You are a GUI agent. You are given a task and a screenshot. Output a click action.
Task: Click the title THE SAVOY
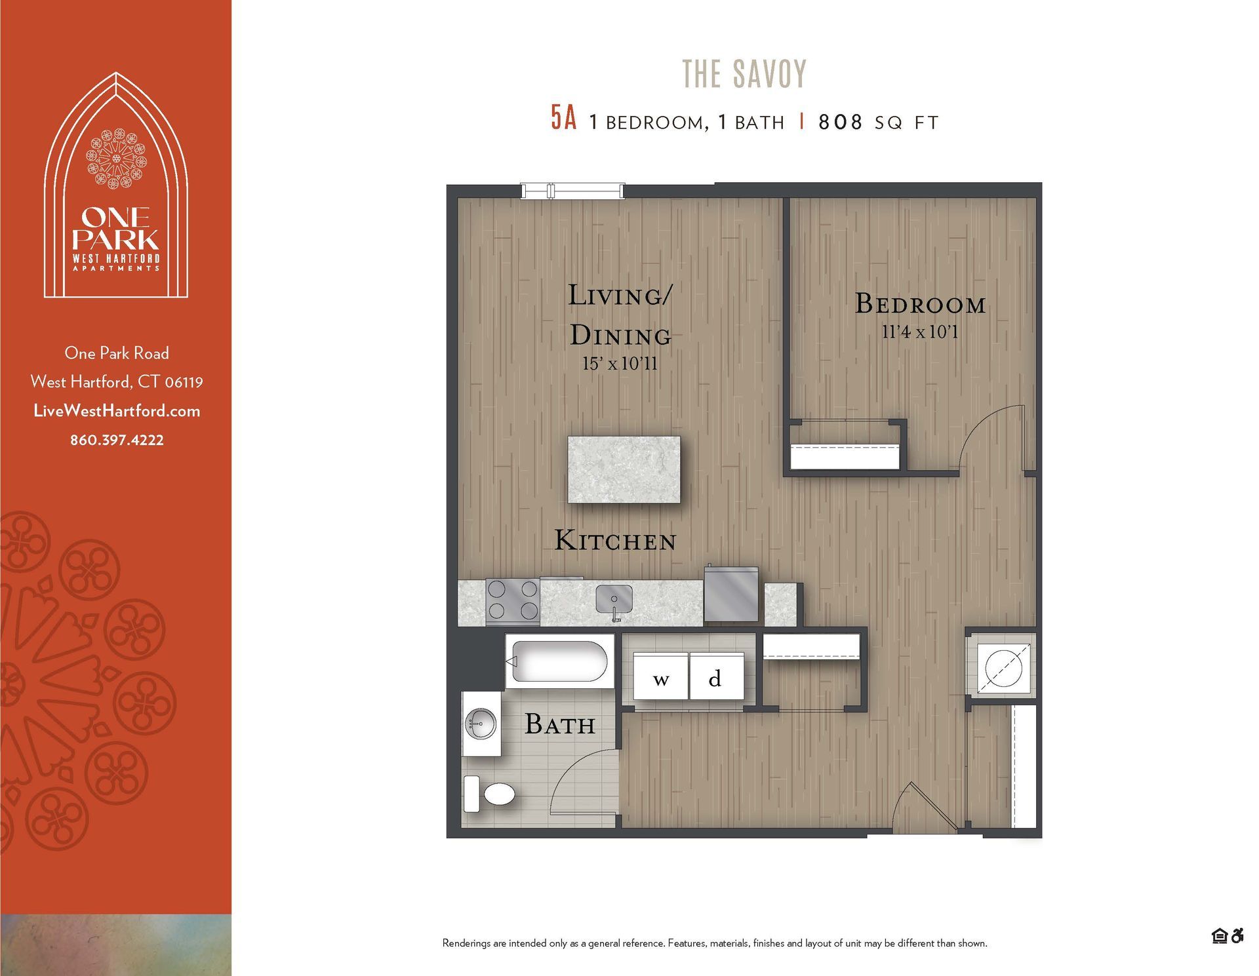coord(744,74)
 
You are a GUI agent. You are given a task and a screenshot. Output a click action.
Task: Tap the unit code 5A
coord(563,119)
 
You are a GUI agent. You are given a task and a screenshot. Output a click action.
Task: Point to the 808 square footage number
coord(840,122)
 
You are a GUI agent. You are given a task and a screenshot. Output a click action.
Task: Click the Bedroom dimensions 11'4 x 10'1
coord(919,332)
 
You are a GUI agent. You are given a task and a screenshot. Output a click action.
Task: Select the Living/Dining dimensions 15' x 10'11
coord(620,364)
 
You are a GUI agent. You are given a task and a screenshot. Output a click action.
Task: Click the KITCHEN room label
coord(615,541)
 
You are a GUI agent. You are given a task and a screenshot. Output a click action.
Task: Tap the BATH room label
coord(560,725)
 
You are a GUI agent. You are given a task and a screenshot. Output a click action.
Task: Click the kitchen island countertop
coord(624,469)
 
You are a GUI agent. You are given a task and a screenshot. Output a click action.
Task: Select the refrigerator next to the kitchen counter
coord(731,595)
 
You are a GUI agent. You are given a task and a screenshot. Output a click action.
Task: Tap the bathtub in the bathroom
coord(559,661)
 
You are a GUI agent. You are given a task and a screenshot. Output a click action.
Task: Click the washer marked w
coord(661,678)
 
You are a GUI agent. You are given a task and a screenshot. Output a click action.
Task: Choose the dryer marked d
coord(715,678)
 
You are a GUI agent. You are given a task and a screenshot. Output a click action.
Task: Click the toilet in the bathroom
coord(492,794)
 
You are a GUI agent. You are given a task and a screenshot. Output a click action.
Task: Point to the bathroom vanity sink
coord(481,724)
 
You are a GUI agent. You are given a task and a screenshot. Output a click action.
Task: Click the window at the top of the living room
coord(572,191)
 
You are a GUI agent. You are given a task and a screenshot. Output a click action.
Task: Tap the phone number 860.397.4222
coord(117,440)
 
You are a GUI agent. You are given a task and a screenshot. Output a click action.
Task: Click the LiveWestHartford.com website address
coord(117,411)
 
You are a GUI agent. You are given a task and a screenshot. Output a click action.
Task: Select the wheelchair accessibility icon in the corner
coord(1237,936)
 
